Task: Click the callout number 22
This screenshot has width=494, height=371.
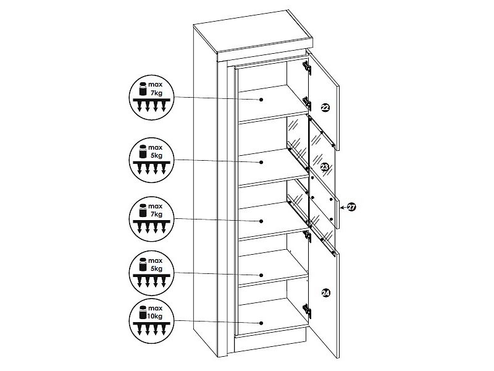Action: pos(325,108)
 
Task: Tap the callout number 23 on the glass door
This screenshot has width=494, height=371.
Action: pos(325,166)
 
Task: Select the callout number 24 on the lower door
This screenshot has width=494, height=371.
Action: pos(326,293)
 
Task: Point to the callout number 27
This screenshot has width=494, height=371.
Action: pos(351,207)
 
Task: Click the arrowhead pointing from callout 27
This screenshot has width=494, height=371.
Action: pos(342,207)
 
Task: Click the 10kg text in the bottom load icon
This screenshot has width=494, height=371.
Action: pos(156,316)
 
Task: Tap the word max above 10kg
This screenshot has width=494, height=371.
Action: pos(156,308)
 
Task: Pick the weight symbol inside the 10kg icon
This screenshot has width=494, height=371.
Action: pos(143,312)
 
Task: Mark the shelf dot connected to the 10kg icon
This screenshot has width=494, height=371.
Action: pos(261,323)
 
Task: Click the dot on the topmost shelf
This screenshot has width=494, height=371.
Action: pos(261,100)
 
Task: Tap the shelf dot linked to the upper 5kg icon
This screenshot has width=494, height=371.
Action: pos(261,162)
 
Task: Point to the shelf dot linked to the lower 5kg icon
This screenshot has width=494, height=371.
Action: pos(261,275)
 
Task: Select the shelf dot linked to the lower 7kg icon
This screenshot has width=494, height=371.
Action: pos(261,221)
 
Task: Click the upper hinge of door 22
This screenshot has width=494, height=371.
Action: pos(307,68)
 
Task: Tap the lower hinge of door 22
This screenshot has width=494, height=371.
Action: pos(307,103)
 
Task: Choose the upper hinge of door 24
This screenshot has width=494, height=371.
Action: pos(307,236)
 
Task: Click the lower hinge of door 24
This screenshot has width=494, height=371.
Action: pos(307,311)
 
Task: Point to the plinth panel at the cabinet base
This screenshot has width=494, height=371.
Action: pos(270,343)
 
